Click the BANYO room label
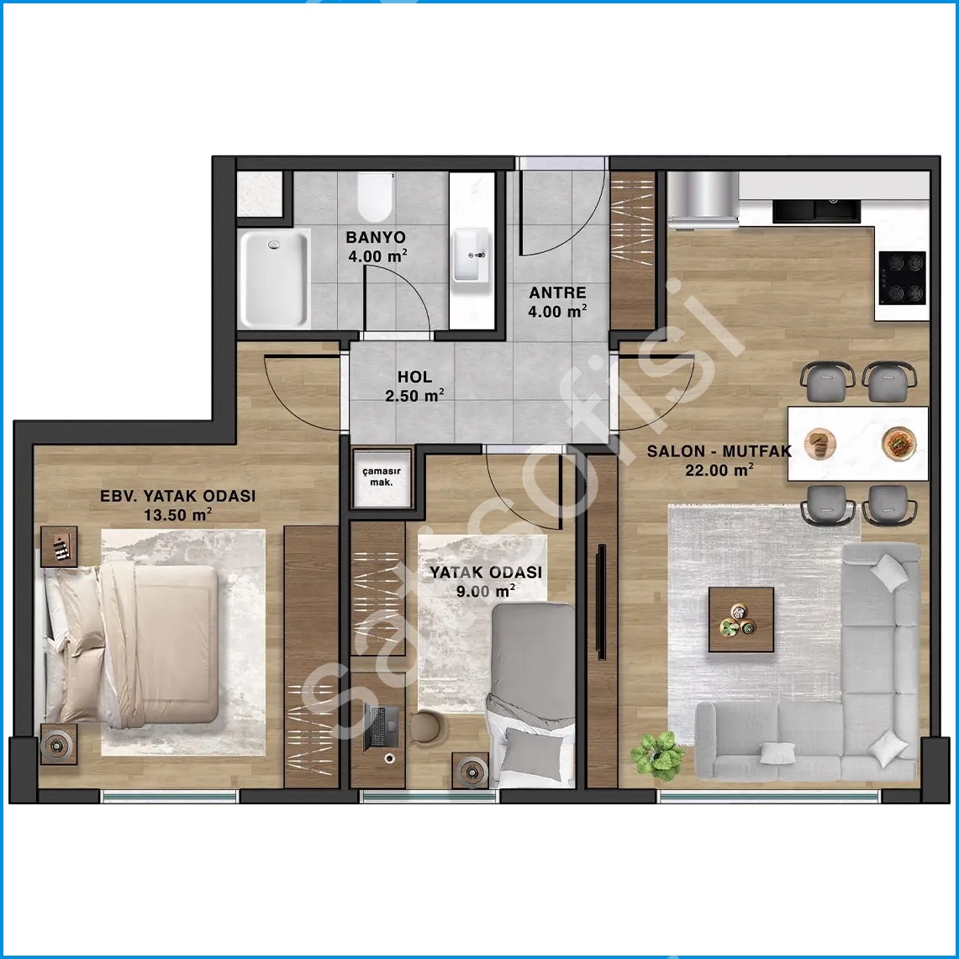pos(376,237)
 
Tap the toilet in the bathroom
pos(375,197)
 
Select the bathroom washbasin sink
pos(471,255)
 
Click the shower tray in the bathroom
pos(275,278)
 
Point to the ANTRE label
pos(557,293)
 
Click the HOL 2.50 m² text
pos(414,387)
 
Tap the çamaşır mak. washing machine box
pos(382,478)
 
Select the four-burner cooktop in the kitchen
pos(902,277)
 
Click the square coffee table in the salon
pos(741,619)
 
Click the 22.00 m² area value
pos(719,471)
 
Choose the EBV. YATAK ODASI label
pos(178,496)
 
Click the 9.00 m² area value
pos(486,591)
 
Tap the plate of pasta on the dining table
pos(899,441)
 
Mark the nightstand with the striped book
pos(60,546)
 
